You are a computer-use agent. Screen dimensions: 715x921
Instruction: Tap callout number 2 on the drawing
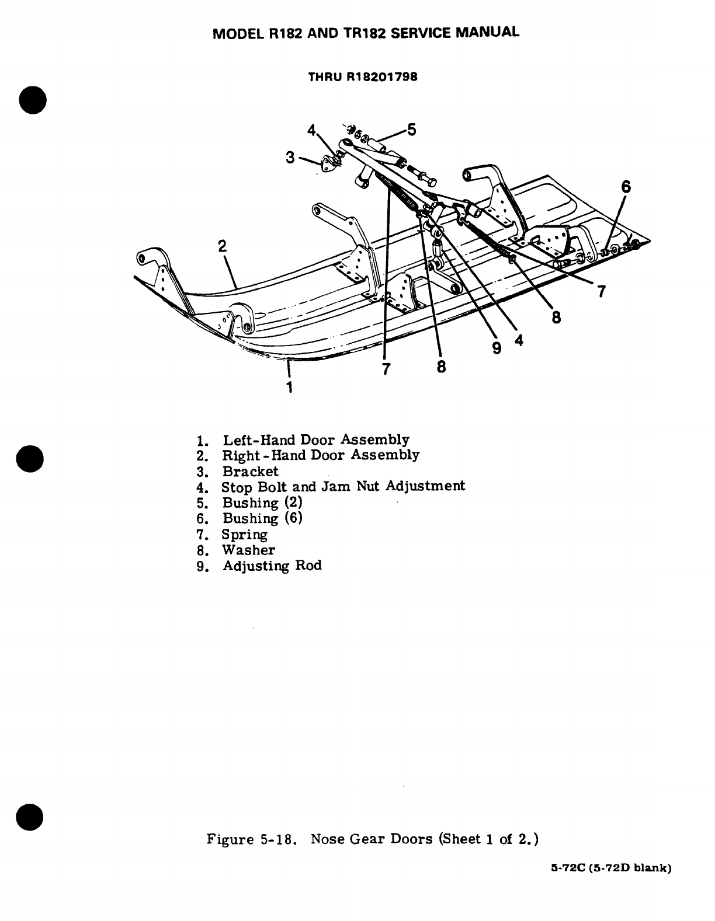(222, 246)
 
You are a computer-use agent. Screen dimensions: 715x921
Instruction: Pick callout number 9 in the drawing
(497, 348)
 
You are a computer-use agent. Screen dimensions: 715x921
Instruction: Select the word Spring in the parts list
(244, 535)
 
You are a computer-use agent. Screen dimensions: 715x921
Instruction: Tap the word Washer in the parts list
(248, 550)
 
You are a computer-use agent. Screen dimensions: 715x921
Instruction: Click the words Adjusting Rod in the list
(272, 566)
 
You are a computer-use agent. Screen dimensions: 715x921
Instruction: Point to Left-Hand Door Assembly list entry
(315, 439)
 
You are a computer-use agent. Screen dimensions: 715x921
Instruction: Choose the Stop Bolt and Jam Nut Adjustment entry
(343, 486)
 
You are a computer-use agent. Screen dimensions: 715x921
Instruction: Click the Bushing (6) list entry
(262, 518)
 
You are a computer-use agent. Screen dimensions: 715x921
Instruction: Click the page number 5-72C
(569, 884)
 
